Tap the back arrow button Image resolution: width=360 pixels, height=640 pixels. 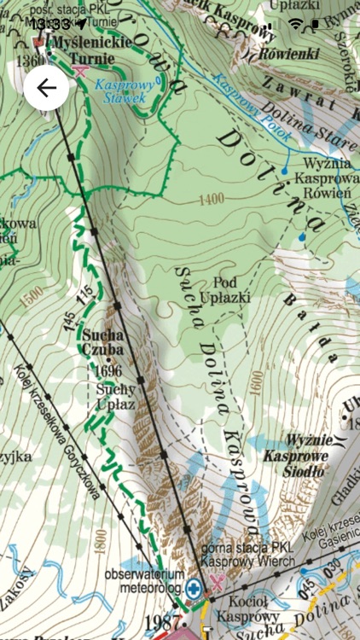(46, 88)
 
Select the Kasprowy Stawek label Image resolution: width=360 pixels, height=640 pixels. (120, 93)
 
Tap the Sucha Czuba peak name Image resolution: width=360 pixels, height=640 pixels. (103, 341)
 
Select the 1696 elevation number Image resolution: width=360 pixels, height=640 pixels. (108, 371)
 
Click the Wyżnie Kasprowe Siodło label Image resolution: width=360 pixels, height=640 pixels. (296, 447)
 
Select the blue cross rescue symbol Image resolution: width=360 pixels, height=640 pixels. (195, 588)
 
